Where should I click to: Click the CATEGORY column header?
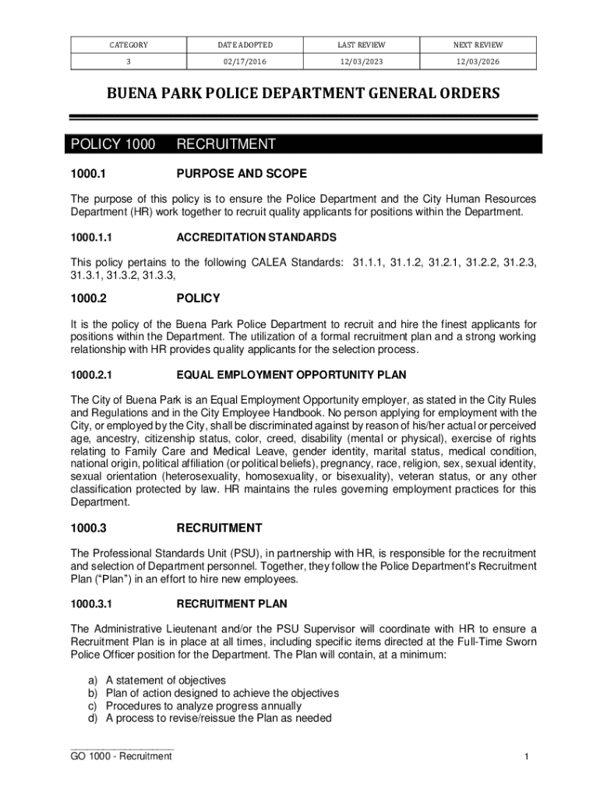[x=129, y=45]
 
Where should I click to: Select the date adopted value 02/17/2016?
[x=245, y=59]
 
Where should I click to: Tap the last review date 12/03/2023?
[x=362, y=59]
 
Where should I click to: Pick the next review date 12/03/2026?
[x=478, y=59]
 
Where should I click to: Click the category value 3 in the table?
[x=129, y=59]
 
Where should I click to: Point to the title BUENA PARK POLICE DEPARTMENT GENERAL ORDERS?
[x=303, y=94]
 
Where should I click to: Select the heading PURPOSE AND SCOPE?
[x=242, y=174]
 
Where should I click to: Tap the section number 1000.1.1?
[x=92, y=237]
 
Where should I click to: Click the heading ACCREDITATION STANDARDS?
[x=256, y=237]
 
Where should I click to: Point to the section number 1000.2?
[x=88, y=298]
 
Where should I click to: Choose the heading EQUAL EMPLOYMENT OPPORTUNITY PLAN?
[x=291, y=375]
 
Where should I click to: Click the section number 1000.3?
[x=88, y=528]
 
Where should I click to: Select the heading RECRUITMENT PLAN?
[x=232, y=604]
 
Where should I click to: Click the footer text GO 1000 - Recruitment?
[x=121, y=757]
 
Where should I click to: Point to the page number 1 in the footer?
[x=528, y=757]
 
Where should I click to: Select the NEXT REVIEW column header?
[x=478, y=45]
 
